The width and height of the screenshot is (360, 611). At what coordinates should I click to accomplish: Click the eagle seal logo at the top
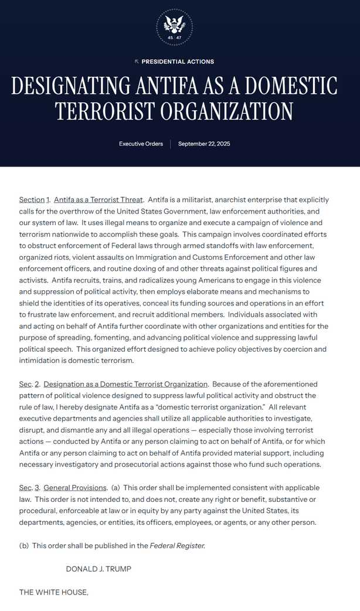click(174, 26)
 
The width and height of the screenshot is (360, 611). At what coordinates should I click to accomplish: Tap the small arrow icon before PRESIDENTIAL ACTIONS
click(137, 62)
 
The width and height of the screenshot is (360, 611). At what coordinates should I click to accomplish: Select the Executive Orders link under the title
click(141, 144)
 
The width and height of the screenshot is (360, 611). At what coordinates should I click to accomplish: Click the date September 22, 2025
click(205, 144)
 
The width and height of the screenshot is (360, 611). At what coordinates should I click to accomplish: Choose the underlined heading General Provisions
click(75, 488)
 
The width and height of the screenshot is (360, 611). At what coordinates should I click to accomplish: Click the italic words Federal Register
click(177, 545)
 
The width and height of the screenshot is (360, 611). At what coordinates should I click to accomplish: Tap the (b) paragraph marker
click(24, 545)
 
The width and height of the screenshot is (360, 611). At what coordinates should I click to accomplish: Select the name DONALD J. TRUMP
click(98, 569)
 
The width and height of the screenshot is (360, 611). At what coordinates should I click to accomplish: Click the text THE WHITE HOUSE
click(53, 592)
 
